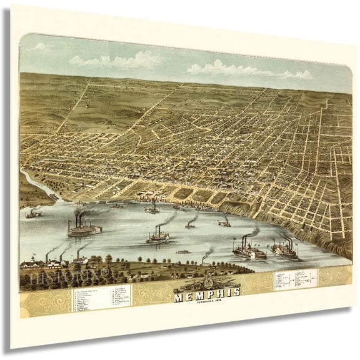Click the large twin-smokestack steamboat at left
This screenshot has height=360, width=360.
click(x=84, y=229)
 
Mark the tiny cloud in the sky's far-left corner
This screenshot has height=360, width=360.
click(x=41, y=47)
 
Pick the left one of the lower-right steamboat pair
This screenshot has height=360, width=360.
click(x=249, y=251)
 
